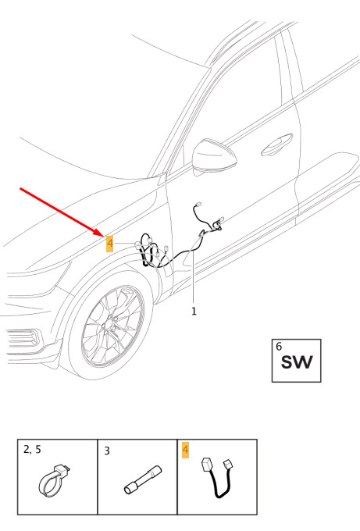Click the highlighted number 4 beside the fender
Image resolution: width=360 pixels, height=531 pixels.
pyautogui.click(x=110, y=244)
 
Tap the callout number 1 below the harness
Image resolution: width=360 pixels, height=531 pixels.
pyautogui.click(x=194, y=312)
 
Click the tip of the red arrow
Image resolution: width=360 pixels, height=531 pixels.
pyautogui.click(x=104, y=237)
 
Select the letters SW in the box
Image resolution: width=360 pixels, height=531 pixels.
pyautogui.click(x=297, y=362)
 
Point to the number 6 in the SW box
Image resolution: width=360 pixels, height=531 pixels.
pyautogui.click(x=279, y=347)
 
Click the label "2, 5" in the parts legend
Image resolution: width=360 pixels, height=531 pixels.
pyautogui.click(x=32, y=450)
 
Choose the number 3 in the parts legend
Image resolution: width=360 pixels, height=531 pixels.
pyautogui.click(x=107, y=451)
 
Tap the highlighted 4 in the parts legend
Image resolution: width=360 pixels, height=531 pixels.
pyautogui.click(x=185, y=450)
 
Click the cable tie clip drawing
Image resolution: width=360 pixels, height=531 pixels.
pyautogui.click(x=54, y=480)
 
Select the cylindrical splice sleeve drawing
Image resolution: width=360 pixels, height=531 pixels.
pyautogui.click(x=143, y=479)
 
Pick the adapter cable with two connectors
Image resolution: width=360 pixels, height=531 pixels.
pyautogui.click(x=219, y=477)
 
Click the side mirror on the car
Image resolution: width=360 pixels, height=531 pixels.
pyautogui.click(x=213, y=155)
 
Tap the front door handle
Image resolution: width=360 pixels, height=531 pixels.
pyautogui.click(x=276, y=145)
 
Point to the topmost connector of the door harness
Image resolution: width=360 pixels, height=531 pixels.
pyautogui.click(x=198, y=205)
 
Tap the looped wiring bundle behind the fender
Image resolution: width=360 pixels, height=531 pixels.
pyautogui.click(x=148, y=251)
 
